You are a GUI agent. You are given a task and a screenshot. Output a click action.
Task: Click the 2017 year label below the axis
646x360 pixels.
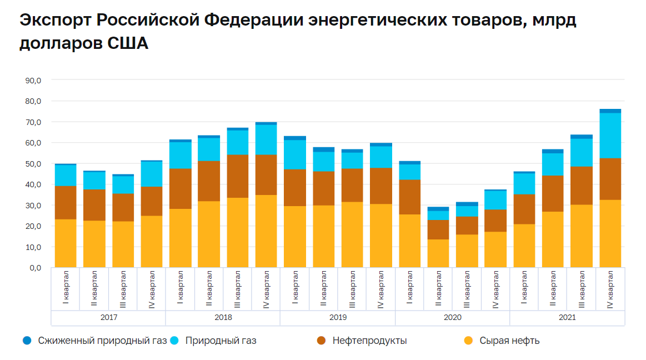point(108,318)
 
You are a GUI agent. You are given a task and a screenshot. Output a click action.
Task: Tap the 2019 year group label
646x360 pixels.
point(338,318)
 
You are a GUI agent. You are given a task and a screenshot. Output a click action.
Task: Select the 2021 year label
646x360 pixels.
point(567,318)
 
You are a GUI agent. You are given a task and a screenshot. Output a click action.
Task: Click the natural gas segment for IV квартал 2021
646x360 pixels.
point(610,136)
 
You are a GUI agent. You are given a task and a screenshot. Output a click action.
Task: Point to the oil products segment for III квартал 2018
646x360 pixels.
point(238,176)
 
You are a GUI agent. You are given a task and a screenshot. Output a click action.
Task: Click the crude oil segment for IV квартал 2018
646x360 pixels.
point(266,231)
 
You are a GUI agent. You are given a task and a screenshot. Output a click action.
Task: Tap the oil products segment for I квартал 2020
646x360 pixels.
point(409,197)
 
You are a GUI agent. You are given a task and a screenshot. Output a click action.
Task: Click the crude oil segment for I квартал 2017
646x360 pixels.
point(66,243)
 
